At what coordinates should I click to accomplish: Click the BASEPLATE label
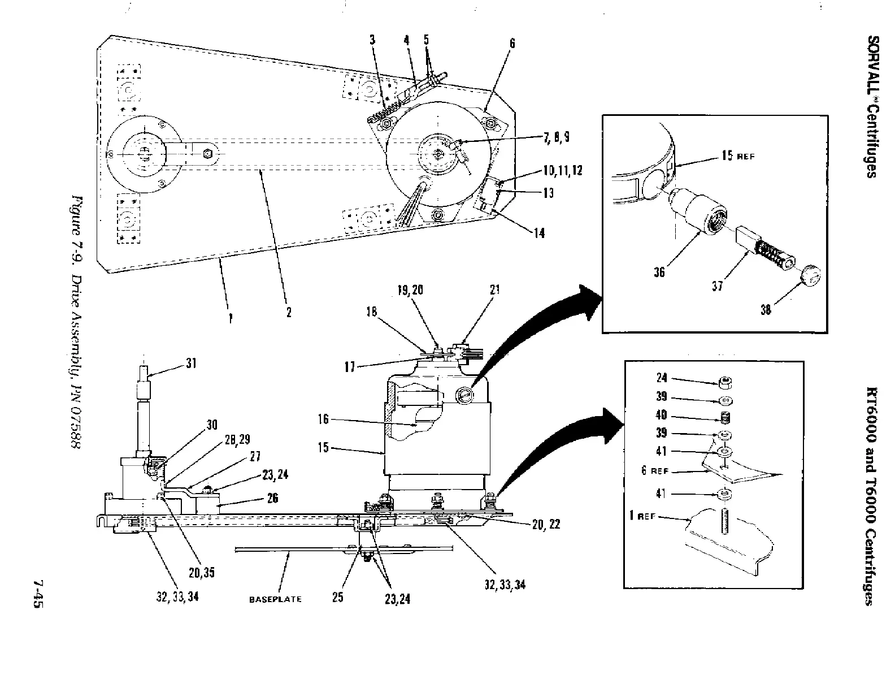[x=275, y=599]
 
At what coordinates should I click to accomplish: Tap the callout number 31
[x=191, y=364]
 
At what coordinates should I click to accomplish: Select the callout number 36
[x=659, y=273]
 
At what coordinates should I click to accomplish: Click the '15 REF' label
[x=737, y=155]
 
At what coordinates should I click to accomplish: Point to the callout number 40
[x=662, y=415]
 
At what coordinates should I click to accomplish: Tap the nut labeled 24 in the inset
[x=724, y=383]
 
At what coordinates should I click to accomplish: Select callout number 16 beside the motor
[x=323, y=419]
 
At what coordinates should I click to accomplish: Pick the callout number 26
[x=272, y=499]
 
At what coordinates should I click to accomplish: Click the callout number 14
[x=539, y=233]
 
